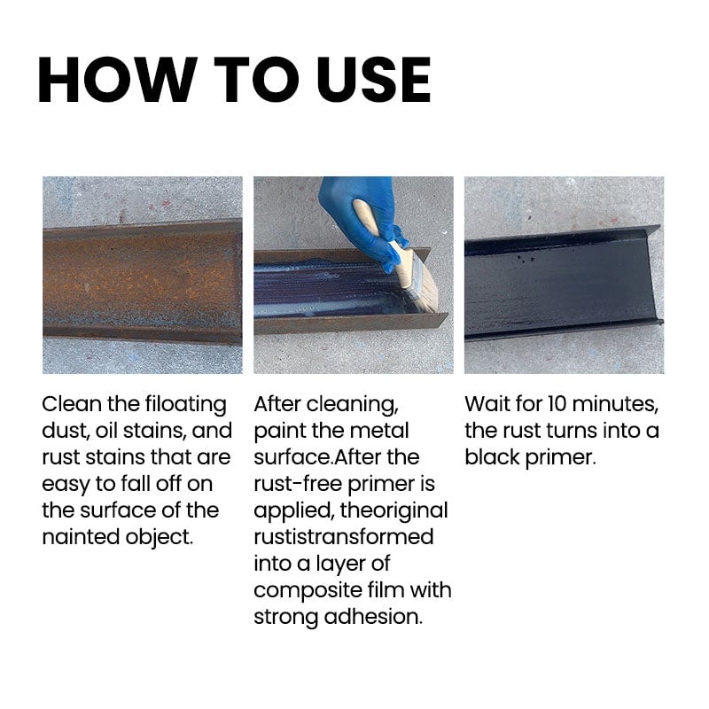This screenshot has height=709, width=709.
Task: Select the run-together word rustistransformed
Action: (343, 537)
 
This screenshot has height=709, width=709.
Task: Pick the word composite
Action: (307, 591)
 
